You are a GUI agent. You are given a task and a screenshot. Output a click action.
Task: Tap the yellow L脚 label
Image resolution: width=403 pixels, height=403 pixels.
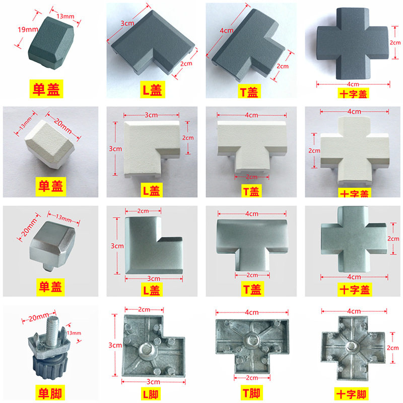[x=151, y=394]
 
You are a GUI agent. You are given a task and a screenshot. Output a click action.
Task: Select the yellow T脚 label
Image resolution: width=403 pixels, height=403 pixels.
[x=251, y=393]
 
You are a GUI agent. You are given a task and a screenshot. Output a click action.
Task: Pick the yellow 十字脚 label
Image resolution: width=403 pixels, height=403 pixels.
[x=351, y=394]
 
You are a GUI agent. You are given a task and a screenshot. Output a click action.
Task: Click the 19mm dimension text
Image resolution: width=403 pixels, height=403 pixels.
[x=28, y=30]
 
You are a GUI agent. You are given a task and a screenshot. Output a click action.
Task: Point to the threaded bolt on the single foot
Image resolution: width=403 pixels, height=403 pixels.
[x=53, y=330]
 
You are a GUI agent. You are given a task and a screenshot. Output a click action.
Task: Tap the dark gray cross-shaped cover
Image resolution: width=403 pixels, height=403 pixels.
[x=352, y=43]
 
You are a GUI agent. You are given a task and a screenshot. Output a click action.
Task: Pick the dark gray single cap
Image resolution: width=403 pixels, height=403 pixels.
[x=51, y=43]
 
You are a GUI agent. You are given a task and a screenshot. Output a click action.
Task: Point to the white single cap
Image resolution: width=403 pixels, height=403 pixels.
[x=50, y=145]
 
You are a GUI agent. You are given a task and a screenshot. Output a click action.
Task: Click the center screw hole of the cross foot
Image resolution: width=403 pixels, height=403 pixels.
[x=351, y=346]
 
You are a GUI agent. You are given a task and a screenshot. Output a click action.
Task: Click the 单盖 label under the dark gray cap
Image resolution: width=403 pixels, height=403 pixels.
[x=46, y=89]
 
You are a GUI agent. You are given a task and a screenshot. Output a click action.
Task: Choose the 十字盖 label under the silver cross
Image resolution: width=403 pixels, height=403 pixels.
[x=355, y=289]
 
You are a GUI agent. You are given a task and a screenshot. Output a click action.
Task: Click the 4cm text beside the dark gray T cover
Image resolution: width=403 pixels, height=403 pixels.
[x=226, y=31]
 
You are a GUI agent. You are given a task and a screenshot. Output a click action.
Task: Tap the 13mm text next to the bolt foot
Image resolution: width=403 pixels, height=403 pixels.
[x=74, y=333]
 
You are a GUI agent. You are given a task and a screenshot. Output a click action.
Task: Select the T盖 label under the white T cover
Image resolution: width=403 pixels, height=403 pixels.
[x=251, y=191]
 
